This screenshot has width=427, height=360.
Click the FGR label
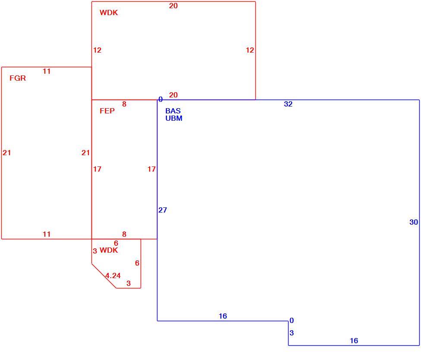(18, 78)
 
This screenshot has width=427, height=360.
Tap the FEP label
(107, 111)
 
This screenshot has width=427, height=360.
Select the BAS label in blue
(173, 111)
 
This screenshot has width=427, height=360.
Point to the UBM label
(174, 118)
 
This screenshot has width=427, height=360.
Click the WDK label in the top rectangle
(109, 13)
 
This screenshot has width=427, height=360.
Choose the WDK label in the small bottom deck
(109, 250)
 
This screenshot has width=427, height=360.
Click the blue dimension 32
(288, 104)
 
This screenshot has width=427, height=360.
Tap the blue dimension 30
(414, 222)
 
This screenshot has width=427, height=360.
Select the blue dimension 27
(163, 210)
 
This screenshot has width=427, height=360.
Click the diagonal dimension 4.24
(113, 275)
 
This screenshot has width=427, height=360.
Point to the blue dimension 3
(292, 333)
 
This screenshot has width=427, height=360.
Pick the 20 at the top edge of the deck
(173, 6)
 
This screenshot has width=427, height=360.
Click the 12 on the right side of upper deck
(250, 50)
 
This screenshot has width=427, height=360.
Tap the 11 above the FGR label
(47, 71)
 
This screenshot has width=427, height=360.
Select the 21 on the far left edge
(7, 153)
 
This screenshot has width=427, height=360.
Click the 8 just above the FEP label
(124, 104)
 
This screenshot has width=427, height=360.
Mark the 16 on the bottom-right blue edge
(354, 341)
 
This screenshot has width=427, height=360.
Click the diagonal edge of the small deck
(104, 275)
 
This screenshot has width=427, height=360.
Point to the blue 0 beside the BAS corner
(161, 99)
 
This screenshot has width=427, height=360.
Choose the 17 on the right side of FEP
(151, 169)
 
